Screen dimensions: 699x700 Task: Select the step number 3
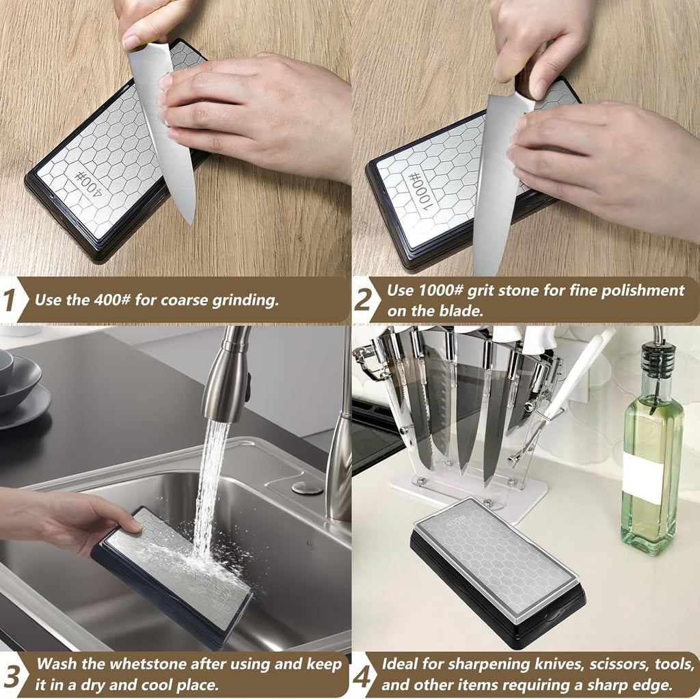(x=12, y=675)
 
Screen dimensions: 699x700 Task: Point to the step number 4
(x=363, y=675)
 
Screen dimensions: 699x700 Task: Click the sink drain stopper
(x=306, y=488)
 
